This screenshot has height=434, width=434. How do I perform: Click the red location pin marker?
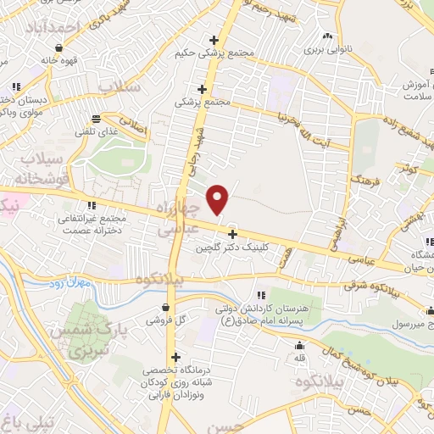coord(218,200)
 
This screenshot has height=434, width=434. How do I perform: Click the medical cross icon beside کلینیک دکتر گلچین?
coord(232,233)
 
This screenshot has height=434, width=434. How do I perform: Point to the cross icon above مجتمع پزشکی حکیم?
coord(214,39)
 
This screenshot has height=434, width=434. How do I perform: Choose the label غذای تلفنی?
coord(97,133)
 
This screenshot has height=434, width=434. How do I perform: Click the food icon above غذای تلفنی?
coord(97,119)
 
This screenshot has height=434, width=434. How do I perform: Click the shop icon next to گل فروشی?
coord(170,307)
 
